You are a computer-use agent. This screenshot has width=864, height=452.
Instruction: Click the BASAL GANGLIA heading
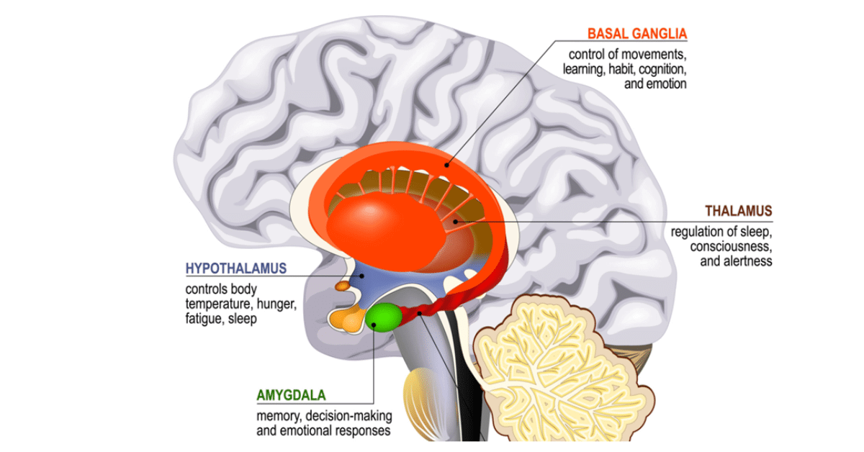(636, 33)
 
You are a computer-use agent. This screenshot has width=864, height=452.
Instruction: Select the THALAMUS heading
(738, 211)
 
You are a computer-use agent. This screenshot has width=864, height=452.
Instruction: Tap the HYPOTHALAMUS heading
(236, 268)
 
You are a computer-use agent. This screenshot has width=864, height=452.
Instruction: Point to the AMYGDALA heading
(291, 395)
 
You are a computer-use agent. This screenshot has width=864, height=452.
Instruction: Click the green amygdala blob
(384, 317)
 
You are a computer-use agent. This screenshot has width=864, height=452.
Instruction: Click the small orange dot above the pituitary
(343, 286)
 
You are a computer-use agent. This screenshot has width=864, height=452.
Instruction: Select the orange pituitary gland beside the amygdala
(346, 319)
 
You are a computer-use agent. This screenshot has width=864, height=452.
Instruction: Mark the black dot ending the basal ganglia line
(446, 165)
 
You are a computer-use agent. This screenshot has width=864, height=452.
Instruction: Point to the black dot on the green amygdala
(375, 324)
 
